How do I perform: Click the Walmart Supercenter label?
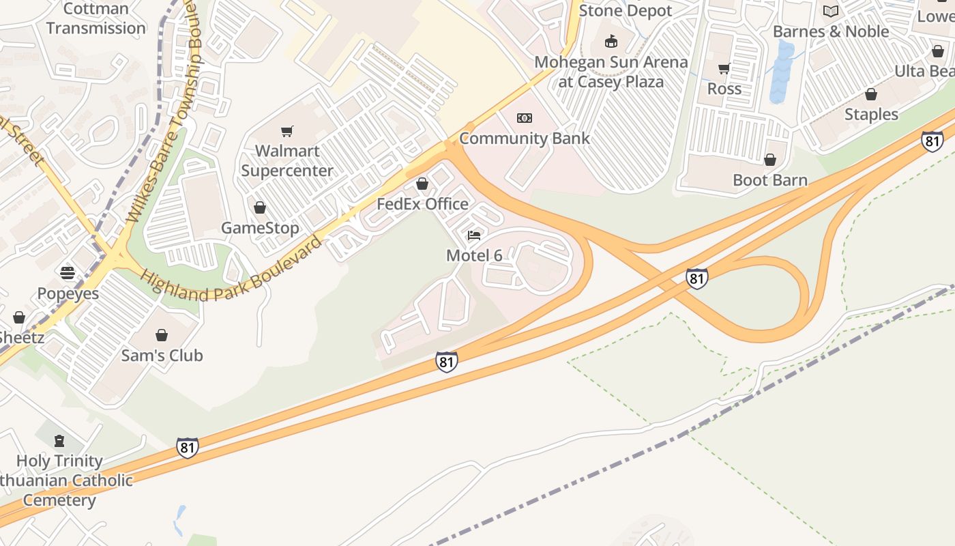[x=287, y=160]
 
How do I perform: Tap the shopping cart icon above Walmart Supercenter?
[x=287, y=131]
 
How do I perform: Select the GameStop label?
[x=260, y=228]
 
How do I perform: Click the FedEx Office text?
[x=423, y=204]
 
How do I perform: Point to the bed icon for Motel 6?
[x=474, y=236]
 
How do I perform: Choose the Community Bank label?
[x=524, y=138]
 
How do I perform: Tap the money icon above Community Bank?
[x=524, y=118]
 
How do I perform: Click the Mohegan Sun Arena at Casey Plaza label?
[x=611, y=72]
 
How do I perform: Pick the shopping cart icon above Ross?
[x=724, y=68]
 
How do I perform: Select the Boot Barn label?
[x=770, y=180]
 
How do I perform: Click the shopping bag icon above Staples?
[x=871, y=94]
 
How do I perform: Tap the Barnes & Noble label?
[x=830, y=31]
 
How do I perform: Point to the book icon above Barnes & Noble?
[x=830, y=11]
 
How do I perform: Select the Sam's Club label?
[x=162, y=356]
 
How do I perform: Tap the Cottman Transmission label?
[x=95, y=18]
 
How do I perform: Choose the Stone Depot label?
[x=626, y=11]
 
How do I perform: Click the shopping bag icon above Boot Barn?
[x=770, y=160]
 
